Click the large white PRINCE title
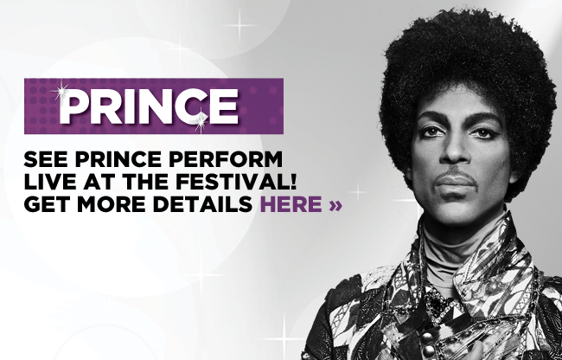[x=149, y=106]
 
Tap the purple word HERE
[x=291, y=204]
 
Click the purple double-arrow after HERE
[x=335, y=205]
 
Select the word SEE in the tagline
[x=46, y=159]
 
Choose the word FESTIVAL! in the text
[x=236, y=182]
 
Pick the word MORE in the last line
[x=111, y=204]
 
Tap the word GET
[x=46, y=204]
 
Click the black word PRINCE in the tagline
[x=118, y=159]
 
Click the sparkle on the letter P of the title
[x=61, y=91]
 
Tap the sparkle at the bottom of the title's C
[x=201, y=121]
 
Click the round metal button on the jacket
[x=426, y=337]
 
